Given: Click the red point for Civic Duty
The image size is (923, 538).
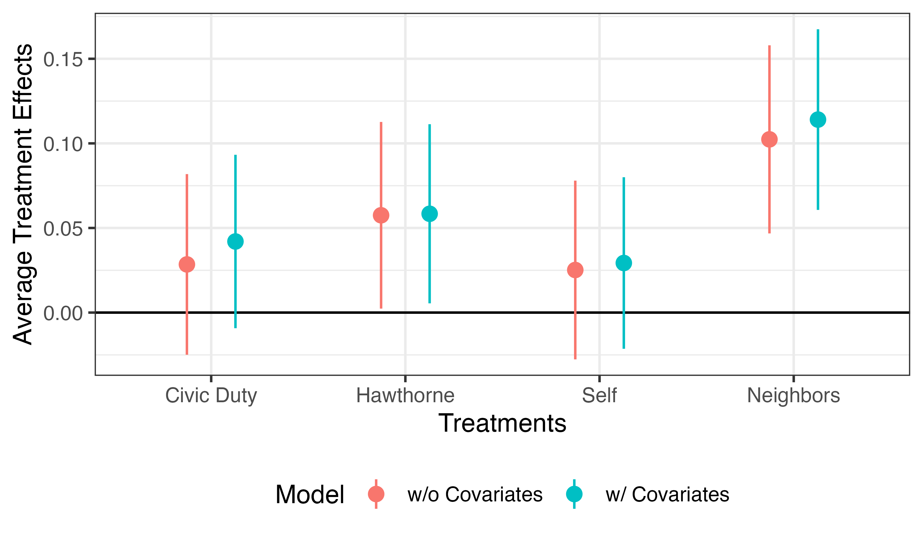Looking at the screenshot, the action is (187, 264).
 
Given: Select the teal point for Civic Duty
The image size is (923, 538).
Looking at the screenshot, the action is (236, 242).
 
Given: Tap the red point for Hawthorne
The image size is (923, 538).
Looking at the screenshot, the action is (381, 215).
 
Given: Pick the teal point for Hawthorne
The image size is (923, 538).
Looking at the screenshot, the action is (430, 214).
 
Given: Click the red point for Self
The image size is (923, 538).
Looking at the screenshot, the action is (575, 270).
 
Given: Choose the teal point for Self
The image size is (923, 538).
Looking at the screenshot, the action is (624, 263).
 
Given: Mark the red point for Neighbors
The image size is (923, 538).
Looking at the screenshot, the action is (769, 139).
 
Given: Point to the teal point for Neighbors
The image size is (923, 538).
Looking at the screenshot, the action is (818, 120).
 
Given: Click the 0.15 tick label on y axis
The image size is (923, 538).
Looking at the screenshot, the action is (63, 59).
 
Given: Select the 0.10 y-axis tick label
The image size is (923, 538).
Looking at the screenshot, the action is (63, 144).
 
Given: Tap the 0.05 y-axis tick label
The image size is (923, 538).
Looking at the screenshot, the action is (63, 229).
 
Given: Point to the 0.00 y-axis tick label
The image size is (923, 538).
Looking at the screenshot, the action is (63, 313).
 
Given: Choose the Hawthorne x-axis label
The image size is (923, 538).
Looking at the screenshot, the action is (405, 395).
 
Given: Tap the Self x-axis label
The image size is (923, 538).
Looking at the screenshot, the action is (599, 395).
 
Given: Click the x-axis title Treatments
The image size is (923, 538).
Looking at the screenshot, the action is (502, 423).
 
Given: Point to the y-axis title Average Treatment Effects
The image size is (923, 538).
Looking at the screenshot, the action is (23, 194).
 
